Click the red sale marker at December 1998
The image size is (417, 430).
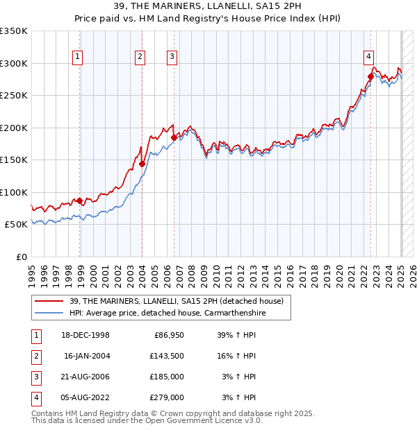point(80,200)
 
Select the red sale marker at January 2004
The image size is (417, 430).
point(142,164)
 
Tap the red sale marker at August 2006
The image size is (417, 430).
point(174,137)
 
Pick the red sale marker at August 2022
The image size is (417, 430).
point(370,77)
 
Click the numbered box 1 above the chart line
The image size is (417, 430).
point(77,57)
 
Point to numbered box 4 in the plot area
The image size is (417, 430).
point(368,57)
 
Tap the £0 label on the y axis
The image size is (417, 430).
point(22,257)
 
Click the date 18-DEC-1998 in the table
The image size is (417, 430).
point(86,335)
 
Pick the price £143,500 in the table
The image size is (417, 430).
point(167,356)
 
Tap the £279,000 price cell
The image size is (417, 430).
point(167,397)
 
